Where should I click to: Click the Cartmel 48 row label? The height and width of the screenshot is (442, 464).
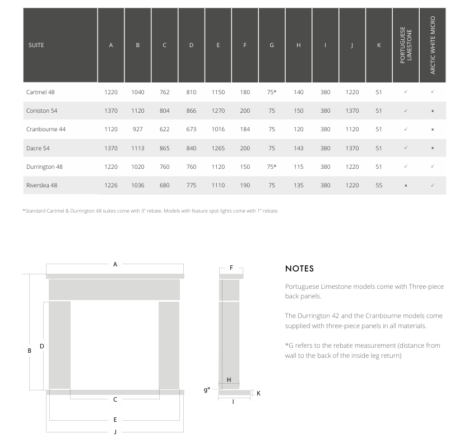[x=40, y=92]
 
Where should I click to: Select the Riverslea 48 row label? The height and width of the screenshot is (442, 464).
[x=41, y=185]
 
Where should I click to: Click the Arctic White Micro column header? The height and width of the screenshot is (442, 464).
[x=433, y=45]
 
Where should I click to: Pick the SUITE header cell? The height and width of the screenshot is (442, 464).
[x=36, y=45]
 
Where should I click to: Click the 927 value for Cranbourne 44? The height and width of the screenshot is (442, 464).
[x=137, y=129]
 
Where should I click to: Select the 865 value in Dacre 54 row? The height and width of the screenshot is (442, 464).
[x=164, y=148]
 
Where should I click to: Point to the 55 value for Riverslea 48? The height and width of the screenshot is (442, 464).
[x=379, y=185]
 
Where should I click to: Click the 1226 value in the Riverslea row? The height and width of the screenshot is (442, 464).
[x=111, y=185]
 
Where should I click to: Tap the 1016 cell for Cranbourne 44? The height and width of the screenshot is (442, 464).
[x=218, y=129]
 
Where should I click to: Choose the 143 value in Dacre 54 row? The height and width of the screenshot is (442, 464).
[x=299, y=148]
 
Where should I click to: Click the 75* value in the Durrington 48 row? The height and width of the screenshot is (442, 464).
[x=272, y=167]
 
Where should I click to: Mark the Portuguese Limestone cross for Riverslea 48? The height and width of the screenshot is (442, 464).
[x=406, y=186]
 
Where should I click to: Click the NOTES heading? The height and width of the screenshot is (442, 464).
[x=299, y=269]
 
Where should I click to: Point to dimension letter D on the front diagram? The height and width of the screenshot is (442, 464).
[x=41, y=347]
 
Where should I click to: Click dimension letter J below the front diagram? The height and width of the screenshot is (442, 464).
[x=115, y=432]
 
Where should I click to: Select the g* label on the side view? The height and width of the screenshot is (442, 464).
[x=207, y=389]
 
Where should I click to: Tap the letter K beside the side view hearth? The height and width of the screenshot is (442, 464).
[x=258, y=393]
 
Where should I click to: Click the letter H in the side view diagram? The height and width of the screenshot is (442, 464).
[x=229, y=380]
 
